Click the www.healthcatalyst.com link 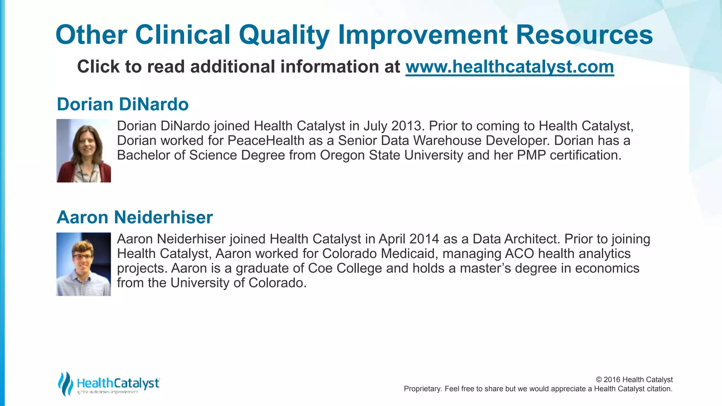pyautogui.click(x=509, y=67)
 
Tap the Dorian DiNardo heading pyautogui.click(x=123, y=104)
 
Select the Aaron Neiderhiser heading pyautogui.click(x=135, y=217)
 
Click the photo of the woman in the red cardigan pyautogui.click(x=84, y=151)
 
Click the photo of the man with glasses pyautogui.click(x=84, y=264)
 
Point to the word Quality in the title pyautogui.click(x=284, y=35)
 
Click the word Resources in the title pyautogui.click(x=584, y=35)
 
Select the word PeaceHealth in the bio pyautogui.click(x=266, y=141)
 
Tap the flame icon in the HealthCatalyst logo pyautogui.click(x=65, y=383)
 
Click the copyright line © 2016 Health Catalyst pyautogui.click(x=634, y=380)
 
